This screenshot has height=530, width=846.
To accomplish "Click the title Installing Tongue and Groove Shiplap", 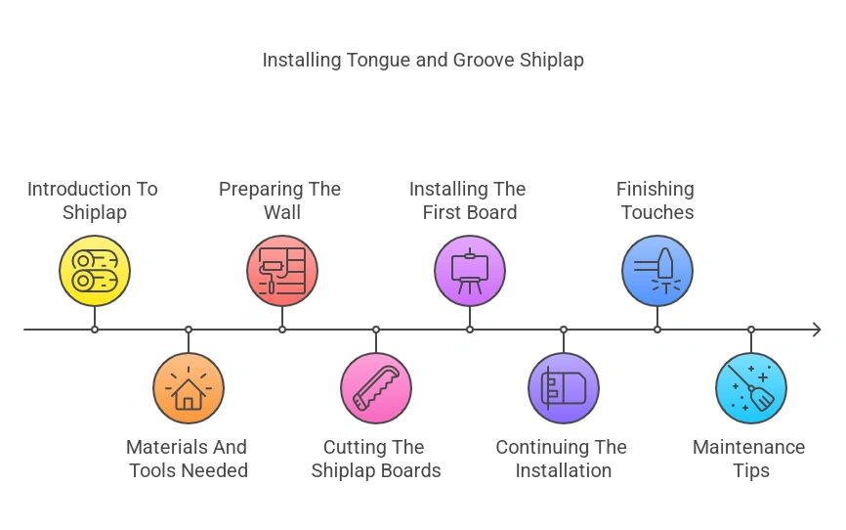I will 423,60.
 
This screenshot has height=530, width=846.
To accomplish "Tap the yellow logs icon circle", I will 95,271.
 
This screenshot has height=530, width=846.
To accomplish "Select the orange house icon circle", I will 189,388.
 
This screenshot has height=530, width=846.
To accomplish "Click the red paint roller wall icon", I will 282,271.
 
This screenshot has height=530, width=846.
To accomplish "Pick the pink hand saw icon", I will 376,388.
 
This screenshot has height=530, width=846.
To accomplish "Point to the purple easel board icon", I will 470,271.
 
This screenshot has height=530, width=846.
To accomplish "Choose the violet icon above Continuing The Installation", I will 564,388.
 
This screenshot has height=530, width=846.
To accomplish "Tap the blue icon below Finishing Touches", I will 657,271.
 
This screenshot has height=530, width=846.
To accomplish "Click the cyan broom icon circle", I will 751,388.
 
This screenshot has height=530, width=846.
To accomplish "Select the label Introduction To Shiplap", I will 93,200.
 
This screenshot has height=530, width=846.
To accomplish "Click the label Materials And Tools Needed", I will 187,459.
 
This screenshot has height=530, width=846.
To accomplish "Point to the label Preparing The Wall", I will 279,200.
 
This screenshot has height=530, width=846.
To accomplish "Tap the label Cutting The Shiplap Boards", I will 376,459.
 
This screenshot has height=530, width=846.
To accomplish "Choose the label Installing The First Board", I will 468,200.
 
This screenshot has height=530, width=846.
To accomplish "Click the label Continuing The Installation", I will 562,459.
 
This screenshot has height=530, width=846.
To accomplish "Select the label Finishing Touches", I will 656,200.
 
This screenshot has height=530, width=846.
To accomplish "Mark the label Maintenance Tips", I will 749,459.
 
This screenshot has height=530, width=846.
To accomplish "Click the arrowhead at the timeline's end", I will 816,330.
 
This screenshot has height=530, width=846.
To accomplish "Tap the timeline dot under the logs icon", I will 95,330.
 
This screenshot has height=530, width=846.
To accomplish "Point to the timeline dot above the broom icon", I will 751,330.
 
